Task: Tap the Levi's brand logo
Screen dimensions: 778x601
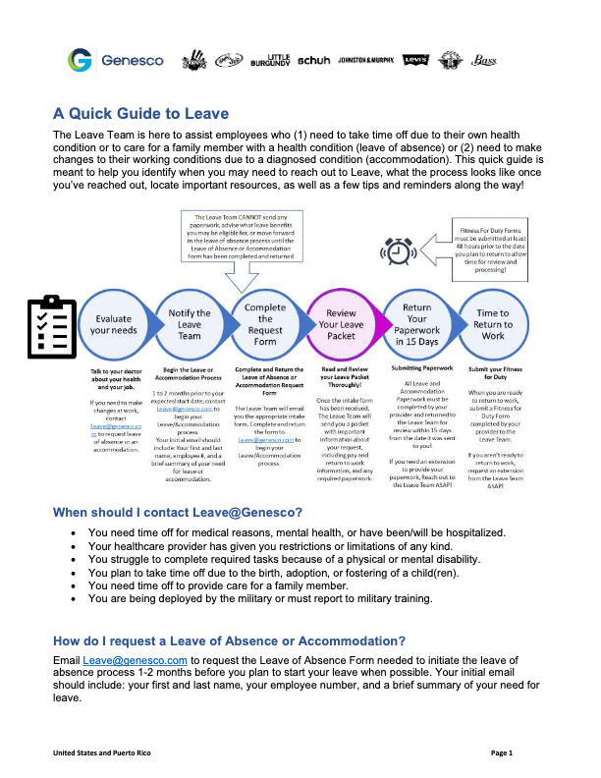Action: coord(415,61)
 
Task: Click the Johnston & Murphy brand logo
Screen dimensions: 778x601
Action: coord(366,61)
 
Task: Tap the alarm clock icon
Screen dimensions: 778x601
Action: coord(398,251)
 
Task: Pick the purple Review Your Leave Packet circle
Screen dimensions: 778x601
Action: coord(341,325)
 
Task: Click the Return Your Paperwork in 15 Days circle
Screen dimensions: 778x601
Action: coord(416,325)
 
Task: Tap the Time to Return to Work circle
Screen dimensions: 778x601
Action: coord(493,325)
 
